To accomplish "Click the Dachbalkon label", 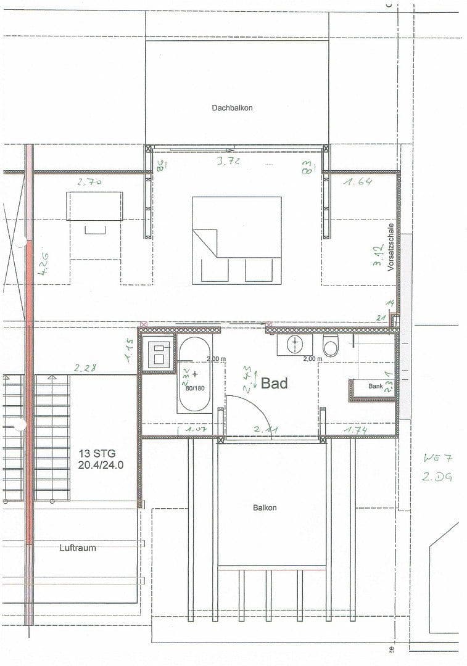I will (x=232, y=107).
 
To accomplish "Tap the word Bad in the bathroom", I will (x=275, y=384).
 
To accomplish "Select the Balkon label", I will (x=265, y=508).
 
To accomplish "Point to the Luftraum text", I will (x=78, y=548).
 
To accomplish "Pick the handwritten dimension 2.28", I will (x=86, y=369).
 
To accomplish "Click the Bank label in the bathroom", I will (x=375, y=386).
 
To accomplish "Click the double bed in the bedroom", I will (x=236, y=240).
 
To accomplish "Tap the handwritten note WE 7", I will (x=439, y=458).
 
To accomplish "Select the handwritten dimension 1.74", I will (x=357, y=429).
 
